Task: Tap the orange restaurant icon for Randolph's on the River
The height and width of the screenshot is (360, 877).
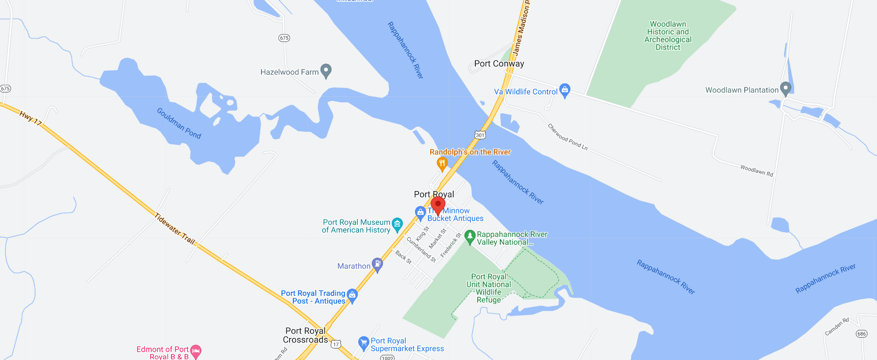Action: click(x=442, y=163)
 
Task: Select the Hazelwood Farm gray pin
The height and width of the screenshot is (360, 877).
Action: click(x=326, y=71)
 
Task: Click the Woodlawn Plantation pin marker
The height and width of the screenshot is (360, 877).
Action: click(x=786, y=88)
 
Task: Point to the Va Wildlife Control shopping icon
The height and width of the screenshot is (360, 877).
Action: click(x=565, y=90)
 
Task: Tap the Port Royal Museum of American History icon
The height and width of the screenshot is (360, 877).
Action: click(x=397, y=224)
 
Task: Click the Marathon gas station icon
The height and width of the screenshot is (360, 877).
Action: click(x=377, y=264)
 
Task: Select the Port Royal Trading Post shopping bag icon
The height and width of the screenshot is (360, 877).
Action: click(x=352, y=295)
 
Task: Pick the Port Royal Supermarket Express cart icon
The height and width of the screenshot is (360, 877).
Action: click(x=364, y=342)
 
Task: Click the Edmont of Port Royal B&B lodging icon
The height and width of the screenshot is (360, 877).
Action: click(x=196, y=351)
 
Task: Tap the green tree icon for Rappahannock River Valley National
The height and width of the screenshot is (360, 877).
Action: click(x=470, y=236)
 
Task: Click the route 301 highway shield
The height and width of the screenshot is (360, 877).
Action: click(x=480, y=135)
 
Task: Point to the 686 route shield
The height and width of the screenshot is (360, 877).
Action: click(x=861, y=334)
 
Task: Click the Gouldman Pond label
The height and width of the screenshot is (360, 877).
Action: click(x=179, y=123)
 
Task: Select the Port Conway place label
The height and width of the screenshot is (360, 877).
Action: click(x=499, y=64)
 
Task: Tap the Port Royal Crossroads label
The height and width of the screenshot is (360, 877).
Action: click(x=305, y=335)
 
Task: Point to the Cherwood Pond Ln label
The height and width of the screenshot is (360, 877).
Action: click(x=567, y=137)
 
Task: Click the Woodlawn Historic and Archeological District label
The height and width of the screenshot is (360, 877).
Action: click(x=668, y=35)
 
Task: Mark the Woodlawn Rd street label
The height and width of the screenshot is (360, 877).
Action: click(x=756, y=171)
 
